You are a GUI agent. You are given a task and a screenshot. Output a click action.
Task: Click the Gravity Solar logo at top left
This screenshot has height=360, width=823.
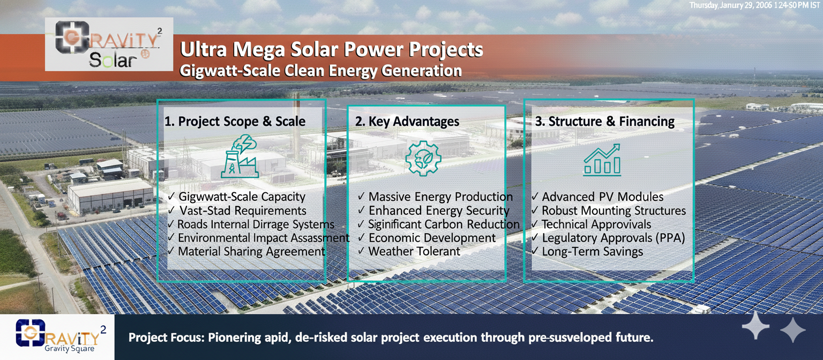(x=109, y=44)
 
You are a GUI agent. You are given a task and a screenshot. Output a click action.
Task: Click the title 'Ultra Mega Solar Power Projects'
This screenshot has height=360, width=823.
(x=332, y=50)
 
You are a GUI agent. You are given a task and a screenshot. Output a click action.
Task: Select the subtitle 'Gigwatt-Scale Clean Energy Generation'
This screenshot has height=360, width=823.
(x=320, y=71)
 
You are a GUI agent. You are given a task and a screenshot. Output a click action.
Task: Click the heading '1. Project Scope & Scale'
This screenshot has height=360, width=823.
(x=235, y=121)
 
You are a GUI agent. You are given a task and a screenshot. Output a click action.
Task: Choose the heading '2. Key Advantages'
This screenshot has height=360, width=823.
(x=407, y=121)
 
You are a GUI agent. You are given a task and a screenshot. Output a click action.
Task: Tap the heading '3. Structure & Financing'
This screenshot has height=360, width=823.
(x=605, y=121)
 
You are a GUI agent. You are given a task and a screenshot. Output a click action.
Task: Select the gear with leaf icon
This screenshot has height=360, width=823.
(x=423, y=159)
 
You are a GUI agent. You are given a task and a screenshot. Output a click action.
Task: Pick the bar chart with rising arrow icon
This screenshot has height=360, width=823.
(x=602, y=160)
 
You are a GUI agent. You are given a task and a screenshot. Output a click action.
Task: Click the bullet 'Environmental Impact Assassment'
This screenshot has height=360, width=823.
(x=264, y=238)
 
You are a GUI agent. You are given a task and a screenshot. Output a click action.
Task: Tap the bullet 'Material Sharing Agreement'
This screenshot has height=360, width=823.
(x=251, y=251)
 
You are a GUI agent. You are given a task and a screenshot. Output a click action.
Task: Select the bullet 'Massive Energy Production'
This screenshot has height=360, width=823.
(x=440, y=197)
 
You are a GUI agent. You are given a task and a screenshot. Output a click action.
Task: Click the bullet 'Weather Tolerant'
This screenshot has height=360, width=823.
(x=414, y=251)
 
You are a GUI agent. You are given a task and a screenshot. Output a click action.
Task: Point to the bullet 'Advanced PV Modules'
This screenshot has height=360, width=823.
(x=603, y=197)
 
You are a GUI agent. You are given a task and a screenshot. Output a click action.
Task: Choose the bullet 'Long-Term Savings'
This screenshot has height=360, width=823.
(x=592, y=251)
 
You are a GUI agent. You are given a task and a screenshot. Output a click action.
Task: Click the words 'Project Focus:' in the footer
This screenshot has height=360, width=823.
(x=166, y=337)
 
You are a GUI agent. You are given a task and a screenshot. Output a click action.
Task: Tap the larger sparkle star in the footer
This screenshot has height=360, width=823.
(x=755, y=325)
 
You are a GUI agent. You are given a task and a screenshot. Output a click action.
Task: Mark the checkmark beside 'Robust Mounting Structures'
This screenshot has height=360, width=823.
(x=535, y=210)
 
